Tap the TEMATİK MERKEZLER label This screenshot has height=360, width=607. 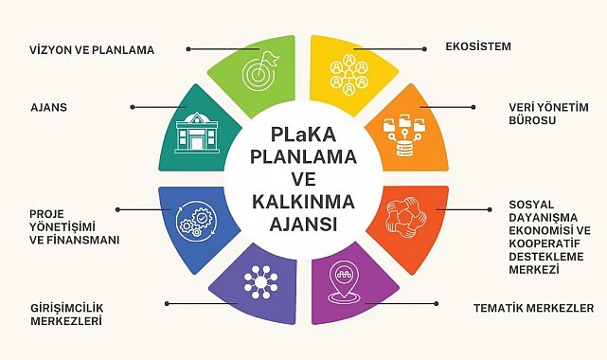pos(533,309)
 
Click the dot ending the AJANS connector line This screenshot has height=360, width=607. pos(133,107)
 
